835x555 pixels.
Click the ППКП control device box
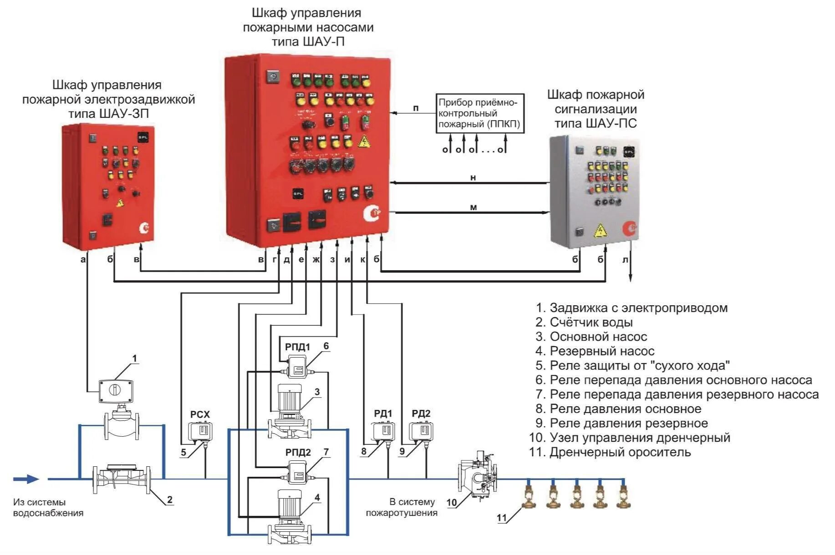(480, 113)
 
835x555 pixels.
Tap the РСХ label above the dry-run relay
(200, 414)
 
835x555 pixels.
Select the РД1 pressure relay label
(383, 414)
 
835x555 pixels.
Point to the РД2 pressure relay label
(421, 414)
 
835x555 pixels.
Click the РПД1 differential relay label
(297, 347)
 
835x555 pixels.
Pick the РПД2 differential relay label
(298, 452)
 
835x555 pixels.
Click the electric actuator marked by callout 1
(116, 390)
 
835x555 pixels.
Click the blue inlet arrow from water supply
(26, 479)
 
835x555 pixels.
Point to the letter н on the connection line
(473, 178)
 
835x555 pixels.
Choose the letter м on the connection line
(473, 207)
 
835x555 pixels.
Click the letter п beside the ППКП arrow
(416, 108)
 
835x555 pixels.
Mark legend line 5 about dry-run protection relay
(633, 365)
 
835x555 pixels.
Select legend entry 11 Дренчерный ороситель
(610, 452)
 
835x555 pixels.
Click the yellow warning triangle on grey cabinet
(601, 231)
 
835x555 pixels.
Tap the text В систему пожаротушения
(402, 507)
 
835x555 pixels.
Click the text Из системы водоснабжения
(48, 507)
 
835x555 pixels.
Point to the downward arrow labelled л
(631, 268)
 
